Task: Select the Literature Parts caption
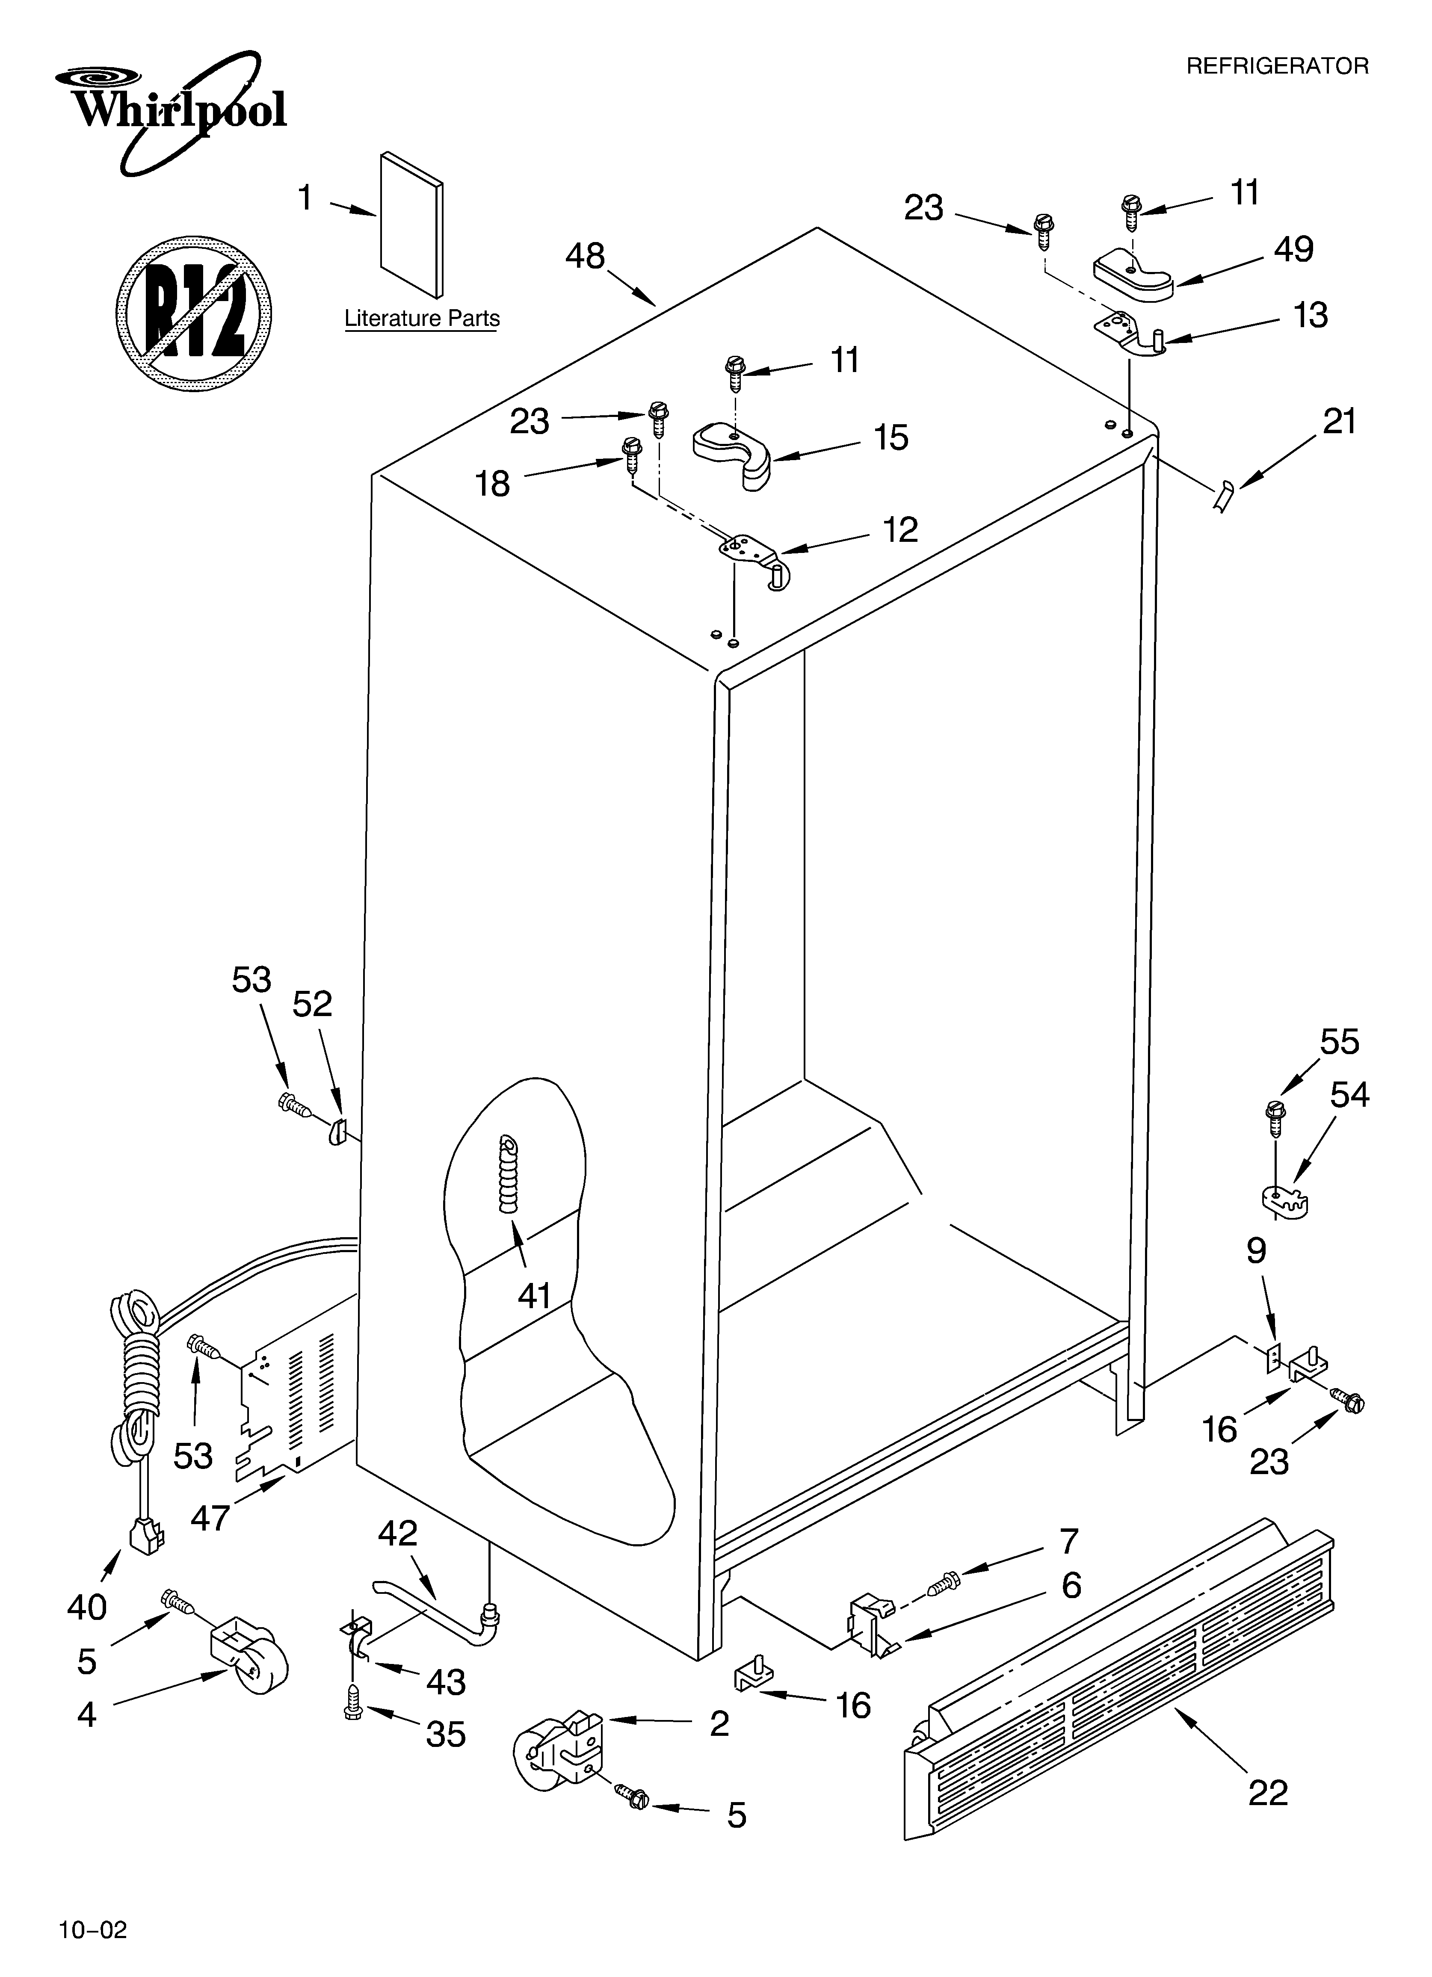coord(422,319)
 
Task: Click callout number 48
coord(584,256)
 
